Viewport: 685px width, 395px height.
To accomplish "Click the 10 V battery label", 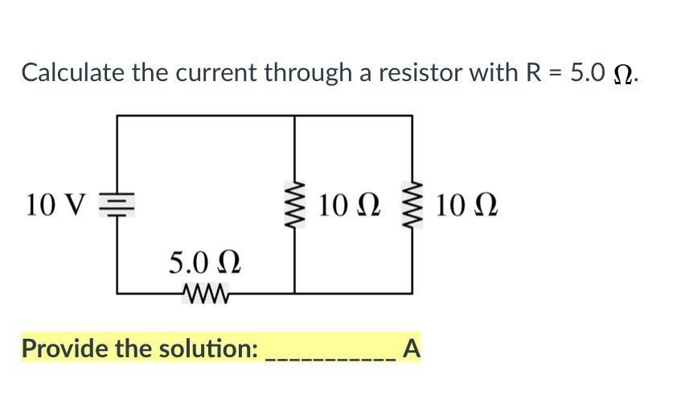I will click(x=54, y=205).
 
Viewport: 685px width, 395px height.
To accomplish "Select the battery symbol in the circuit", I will click(x=117, y=206).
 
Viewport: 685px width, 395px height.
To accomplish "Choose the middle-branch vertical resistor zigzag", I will click(x=294, y=205).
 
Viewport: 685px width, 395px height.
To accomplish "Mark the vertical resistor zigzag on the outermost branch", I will click(x=414, y=205).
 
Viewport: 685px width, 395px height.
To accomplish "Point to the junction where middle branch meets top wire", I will click(x=294, y=116).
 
